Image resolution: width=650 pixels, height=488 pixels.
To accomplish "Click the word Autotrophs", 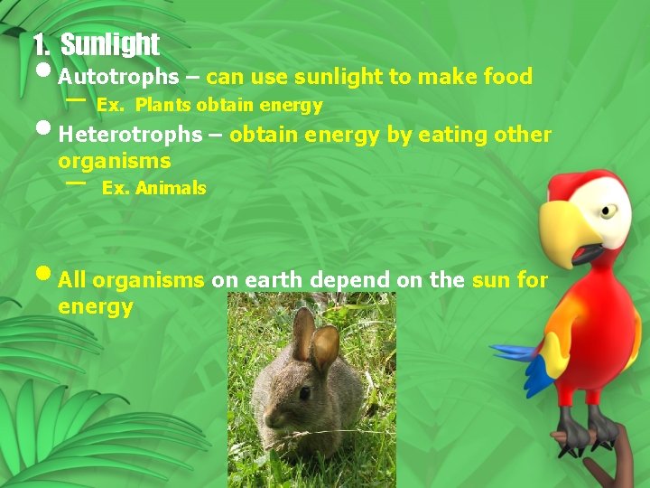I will point(118,78).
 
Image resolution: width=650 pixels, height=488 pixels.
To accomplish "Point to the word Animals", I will point(172,189).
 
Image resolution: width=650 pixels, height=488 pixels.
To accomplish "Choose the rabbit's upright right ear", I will point(324,348).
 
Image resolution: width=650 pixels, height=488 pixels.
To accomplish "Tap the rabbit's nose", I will point(270,418).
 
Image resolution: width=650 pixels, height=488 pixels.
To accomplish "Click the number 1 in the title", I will point(38,44).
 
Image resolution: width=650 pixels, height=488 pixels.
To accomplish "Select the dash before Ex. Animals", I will point(77,182).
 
